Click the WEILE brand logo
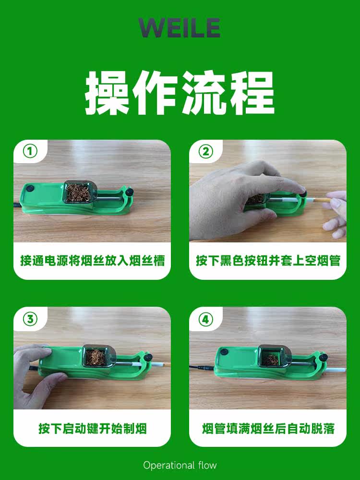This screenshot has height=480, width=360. (180, 27)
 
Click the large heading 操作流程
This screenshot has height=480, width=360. (180, 93)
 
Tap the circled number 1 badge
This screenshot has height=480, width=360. (30, 151)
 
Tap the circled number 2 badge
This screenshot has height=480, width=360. (206, 151)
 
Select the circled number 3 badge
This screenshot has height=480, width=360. (30, 319)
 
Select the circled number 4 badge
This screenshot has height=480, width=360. (206, 319)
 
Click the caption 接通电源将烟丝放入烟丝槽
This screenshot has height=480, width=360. (93, 261)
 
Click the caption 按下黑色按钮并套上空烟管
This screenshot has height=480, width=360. (268, 261)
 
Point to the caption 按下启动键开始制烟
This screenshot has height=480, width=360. (93, 429)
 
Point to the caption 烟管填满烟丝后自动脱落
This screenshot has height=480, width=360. (268, 429)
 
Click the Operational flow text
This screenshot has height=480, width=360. (180, 465)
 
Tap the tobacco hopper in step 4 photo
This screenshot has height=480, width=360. (274, 356)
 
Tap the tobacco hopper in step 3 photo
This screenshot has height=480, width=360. (98, 356)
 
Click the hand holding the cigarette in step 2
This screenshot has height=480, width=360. (335, 214)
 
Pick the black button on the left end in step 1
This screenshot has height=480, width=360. (30, 189)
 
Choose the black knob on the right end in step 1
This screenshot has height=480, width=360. (130, 192)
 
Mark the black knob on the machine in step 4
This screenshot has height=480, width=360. (323, 357)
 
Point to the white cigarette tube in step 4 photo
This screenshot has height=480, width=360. (335, 370)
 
